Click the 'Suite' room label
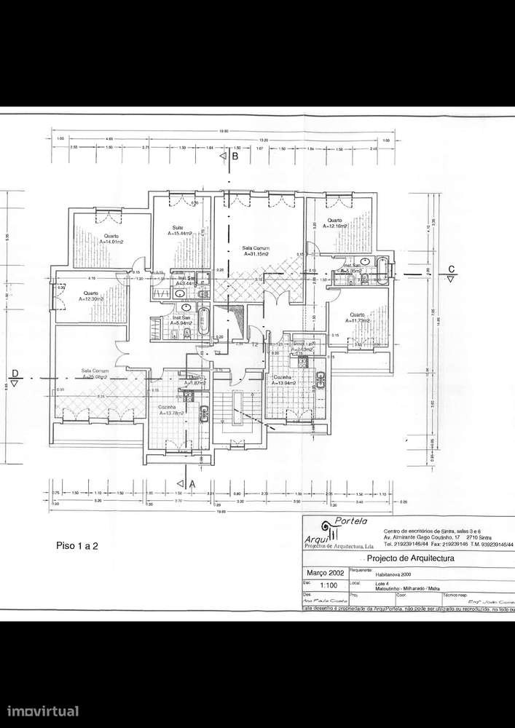click(178, 228)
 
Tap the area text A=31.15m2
click(256, 255)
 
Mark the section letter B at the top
click(235, 156)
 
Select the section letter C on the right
click(452, 267)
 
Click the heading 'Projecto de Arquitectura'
click(410, 558)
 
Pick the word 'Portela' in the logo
click(351, 521)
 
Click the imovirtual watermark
click(43, 711)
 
